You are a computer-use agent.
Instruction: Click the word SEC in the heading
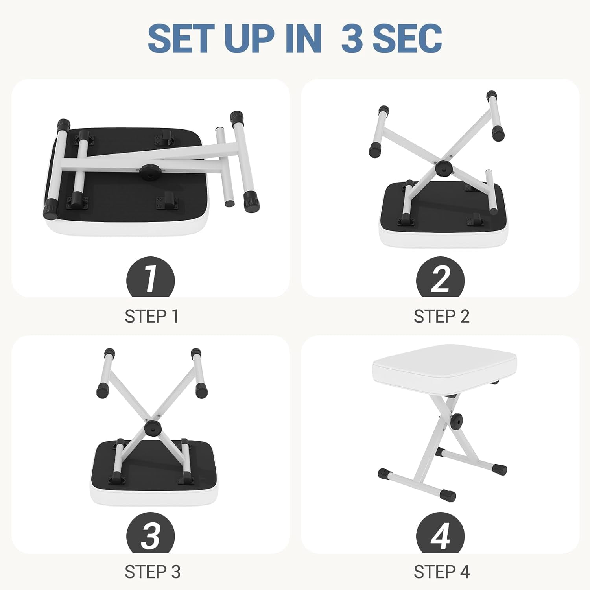pos(407,38)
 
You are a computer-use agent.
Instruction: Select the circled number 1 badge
pos(150,277)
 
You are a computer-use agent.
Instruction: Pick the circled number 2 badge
pos(440,277)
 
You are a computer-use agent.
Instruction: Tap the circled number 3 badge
pos(150,533)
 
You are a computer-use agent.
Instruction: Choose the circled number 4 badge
pos(440,533)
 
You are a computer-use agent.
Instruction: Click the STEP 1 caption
pos(152,316)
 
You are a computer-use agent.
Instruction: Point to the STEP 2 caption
pos(441,316)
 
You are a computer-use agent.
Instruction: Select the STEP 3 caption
pos(153,572)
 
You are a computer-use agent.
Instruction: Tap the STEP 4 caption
pos(442,572)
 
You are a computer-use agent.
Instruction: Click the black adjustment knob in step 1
pos(150,172)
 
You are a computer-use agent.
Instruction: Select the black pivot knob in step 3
pos(152,428)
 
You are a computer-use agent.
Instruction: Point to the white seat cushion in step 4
pos(444,366)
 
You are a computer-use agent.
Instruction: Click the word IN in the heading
pos(304,38)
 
